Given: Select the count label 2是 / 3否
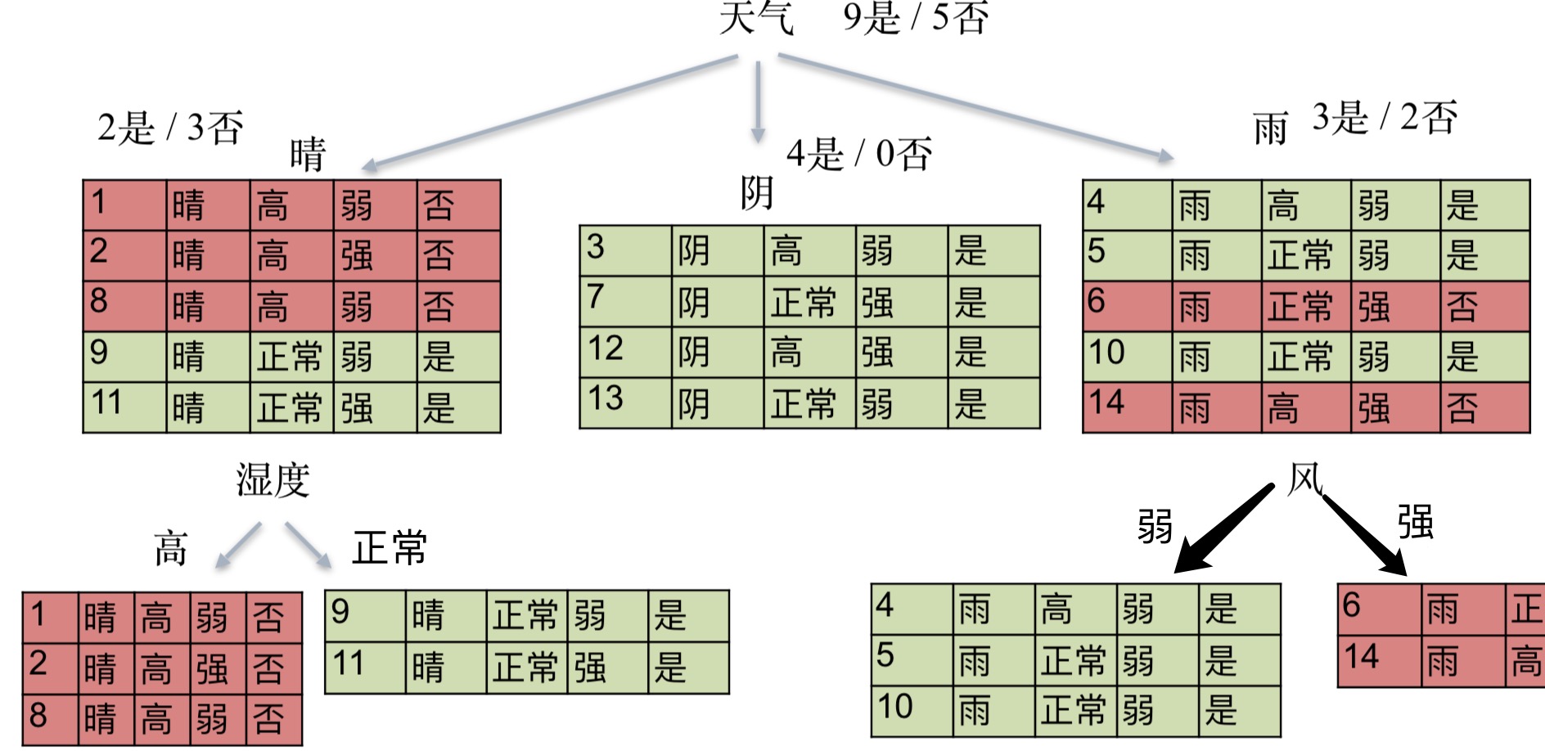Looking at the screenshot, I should [x=170, y=128].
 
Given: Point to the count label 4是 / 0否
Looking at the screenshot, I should [x=859, y=153].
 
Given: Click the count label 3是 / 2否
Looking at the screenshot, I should [x=1385, y=117].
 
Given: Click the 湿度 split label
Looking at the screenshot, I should [x=273, y=479].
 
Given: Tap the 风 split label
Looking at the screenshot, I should [x=1304, y=478].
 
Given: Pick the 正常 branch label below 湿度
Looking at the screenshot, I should [x=390, y=547].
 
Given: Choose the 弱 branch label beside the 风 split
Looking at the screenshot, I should [x=1155, y=525].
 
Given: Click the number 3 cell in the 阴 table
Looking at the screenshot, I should [x=625, y=250].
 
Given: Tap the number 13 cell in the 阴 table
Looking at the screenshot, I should [x=625, y=402].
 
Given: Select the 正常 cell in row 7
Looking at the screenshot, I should [x=809, y=302].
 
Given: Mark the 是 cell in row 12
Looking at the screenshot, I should [x=993, y=353].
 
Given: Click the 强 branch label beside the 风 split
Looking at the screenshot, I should [x=1415, y=522].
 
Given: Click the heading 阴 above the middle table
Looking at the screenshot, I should [x=757, y=194].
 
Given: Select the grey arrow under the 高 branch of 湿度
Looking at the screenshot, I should [x=237, y=545].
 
